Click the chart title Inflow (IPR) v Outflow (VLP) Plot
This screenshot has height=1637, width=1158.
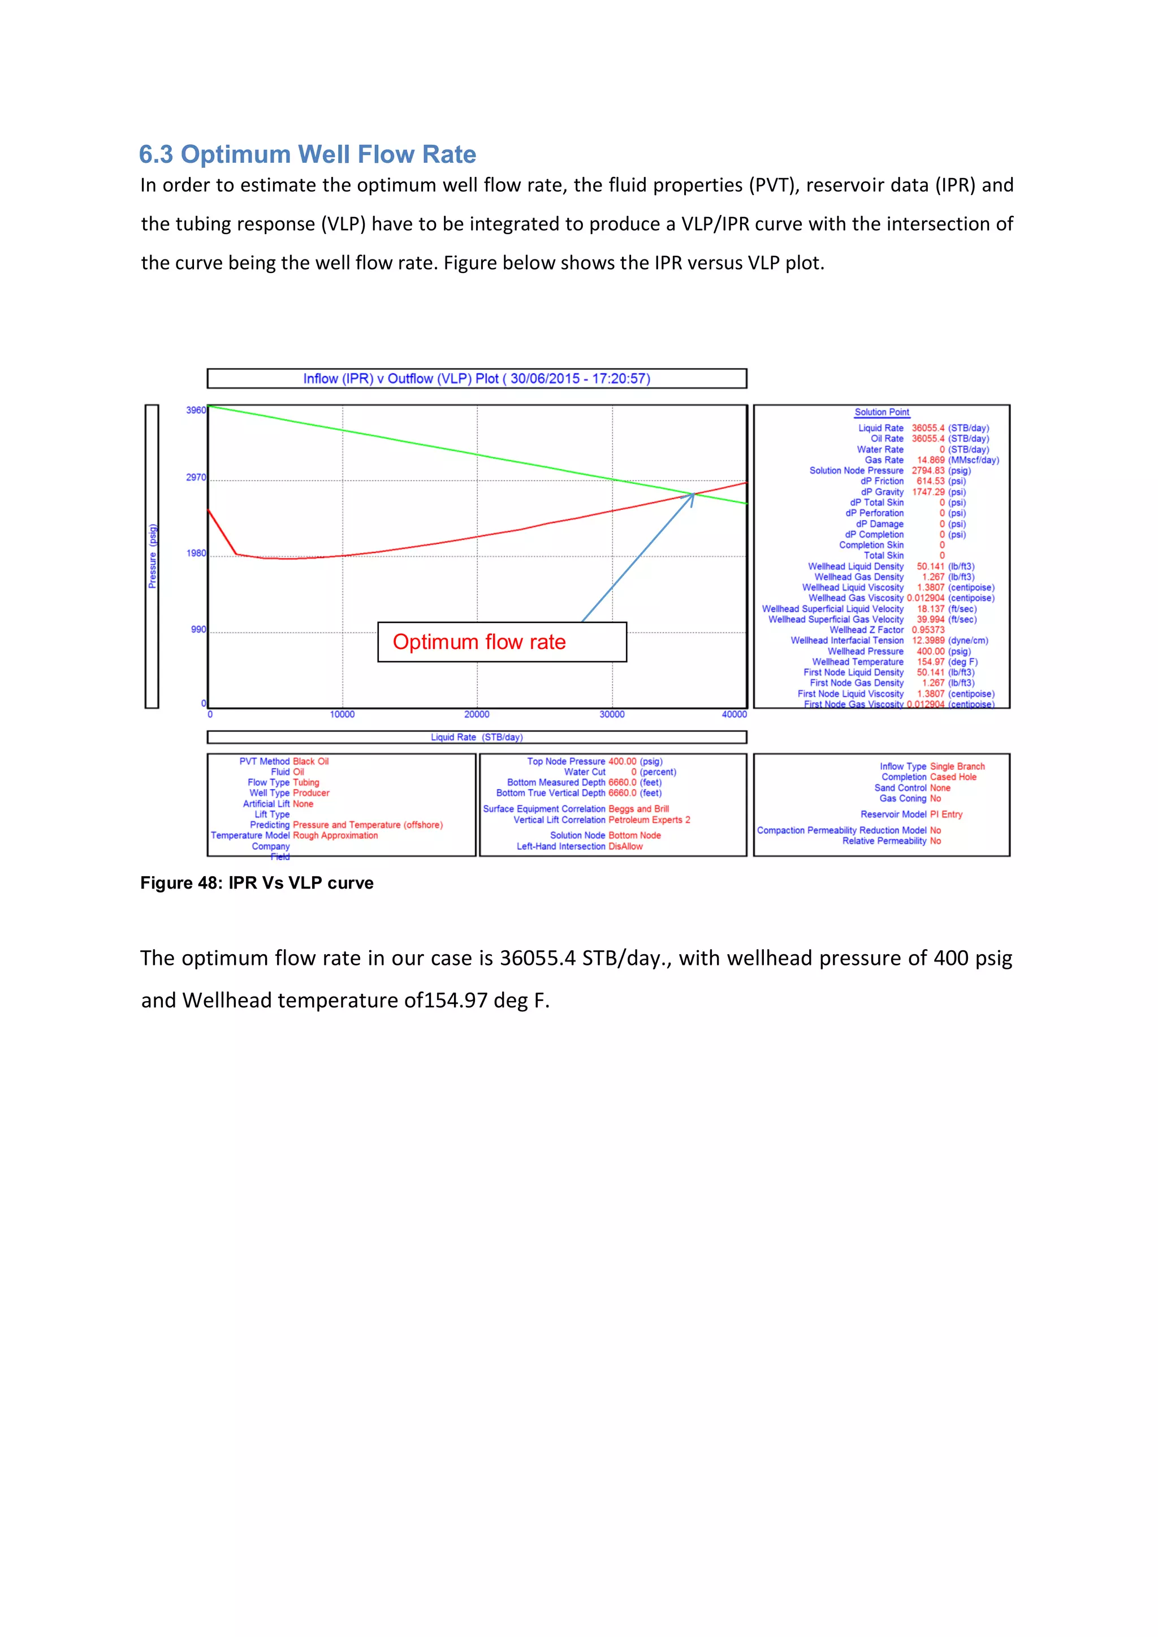476,379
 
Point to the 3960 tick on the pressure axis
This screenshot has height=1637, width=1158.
196,411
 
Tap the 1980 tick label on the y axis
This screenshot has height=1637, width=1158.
196,554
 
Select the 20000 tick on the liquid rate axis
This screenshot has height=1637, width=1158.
477,714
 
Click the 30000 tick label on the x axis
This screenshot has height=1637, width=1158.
612,714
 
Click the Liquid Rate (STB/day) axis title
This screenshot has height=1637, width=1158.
476,737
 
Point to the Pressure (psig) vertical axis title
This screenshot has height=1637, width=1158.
152,556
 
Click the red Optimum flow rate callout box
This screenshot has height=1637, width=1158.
502,642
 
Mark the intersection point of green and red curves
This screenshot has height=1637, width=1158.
694,493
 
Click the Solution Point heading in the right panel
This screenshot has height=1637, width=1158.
882,412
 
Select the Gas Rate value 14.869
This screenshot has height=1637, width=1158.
931,460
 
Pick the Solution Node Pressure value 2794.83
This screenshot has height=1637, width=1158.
928,470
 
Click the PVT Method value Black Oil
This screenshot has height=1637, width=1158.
311,761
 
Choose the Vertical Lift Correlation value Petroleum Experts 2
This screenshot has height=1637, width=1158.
649,820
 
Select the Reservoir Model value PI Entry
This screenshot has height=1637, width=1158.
946,814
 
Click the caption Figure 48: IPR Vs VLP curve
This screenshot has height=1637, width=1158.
257,883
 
